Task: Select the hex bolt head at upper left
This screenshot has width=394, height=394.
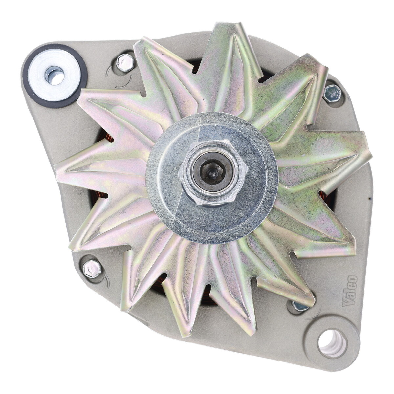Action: [x=125, y=62]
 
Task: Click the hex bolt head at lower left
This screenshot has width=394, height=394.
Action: [x=92, y=269]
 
